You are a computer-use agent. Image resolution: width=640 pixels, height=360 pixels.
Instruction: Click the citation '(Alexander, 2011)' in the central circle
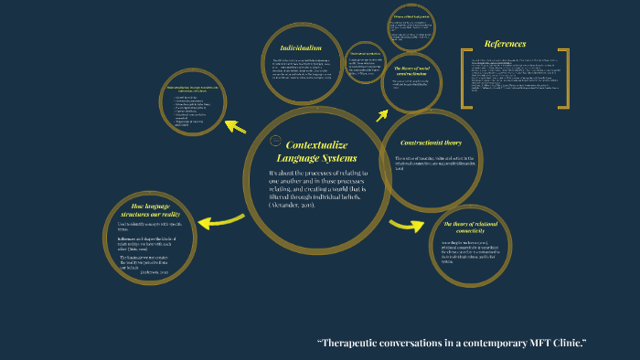(x=293, y=206)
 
